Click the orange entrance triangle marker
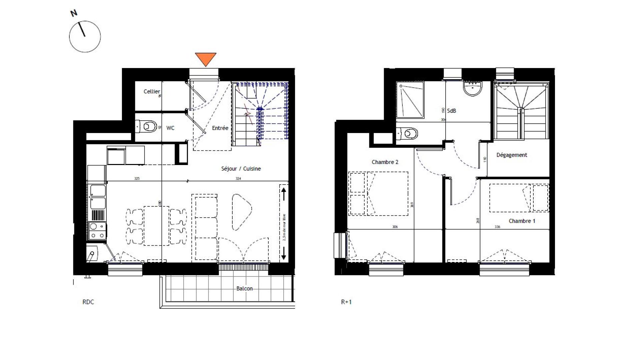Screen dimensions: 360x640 pyautogui.click(x=205, y=59)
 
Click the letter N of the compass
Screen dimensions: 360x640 pyautogui.click(x=74, y=13)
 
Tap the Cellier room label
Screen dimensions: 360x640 pyautogui.click(x=152, y=91)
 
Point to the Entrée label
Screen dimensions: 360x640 pyautogui.click(x=220, y=128)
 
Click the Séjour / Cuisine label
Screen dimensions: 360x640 pyautogui.click(x=241, y=169)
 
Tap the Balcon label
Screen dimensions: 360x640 pyautogui.click(x=244, y=289)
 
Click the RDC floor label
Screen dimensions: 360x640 pyautogui.click(x=88, y=302)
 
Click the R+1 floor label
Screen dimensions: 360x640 pyautogui.click(x=346, y=302)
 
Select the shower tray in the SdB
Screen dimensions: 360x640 pyautogui.click(x=410, y=100)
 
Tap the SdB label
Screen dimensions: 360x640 pyautogui.click(x=451, y=111)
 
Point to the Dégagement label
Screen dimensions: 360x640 pyautogui.click(x=512, y=155)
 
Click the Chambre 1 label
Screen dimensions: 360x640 pyautogui.click(x=522, y=221)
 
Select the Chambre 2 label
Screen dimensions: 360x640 pyautogui.click(x=385, y=162)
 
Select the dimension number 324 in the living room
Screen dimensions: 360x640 pyautogui.click(x=238, y=179)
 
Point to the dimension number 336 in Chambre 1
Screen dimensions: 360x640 pyautogui.click(x=497, y=227)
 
